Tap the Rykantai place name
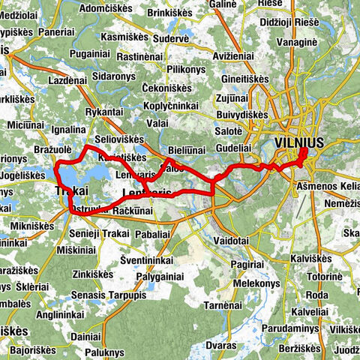[104, 112]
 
